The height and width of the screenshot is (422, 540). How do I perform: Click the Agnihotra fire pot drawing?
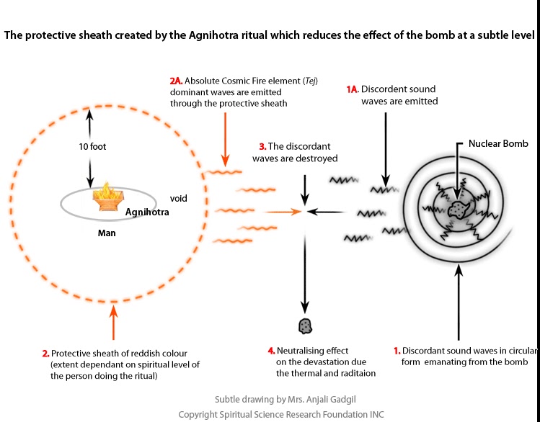coord(107,197)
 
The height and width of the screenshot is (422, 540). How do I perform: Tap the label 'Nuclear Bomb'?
coord(498,144)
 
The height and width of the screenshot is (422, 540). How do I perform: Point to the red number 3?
coord(262,146)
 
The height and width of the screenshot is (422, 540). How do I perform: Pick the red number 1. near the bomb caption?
coord(396,350)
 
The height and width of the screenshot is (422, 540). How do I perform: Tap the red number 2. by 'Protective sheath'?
coord(45,353)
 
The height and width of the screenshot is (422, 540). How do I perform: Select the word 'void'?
coord(178,197)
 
